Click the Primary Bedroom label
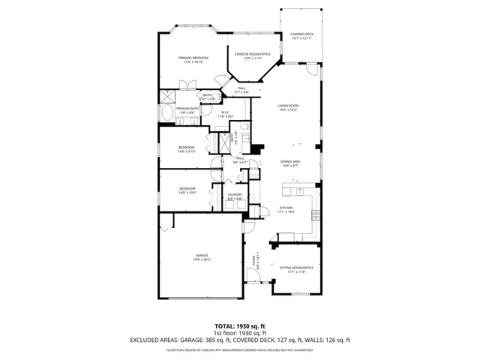[193, 60]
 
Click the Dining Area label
[290, 163]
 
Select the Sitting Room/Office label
[295, 269]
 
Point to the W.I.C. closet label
[225, 114]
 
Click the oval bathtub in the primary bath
[166, 114]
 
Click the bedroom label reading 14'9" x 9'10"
[187, 148]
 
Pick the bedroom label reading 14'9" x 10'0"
[187, 190]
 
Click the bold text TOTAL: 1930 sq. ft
[239, 326]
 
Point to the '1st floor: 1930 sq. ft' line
[239, 333]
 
